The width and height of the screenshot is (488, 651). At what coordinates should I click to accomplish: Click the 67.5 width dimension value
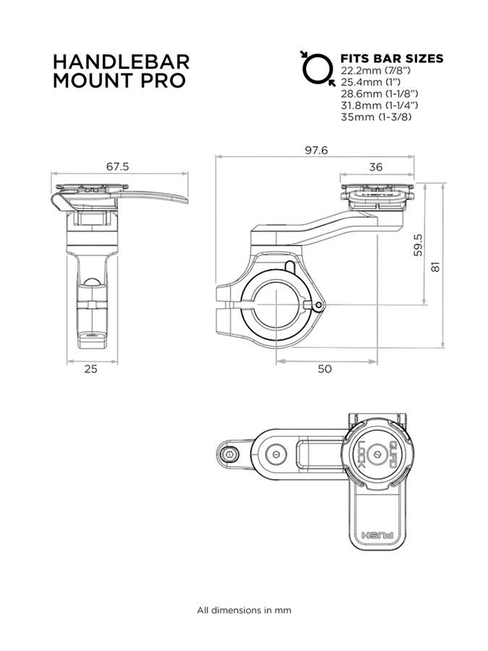pos(117,166)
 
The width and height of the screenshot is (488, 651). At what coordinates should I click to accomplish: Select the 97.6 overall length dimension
pos(316,150)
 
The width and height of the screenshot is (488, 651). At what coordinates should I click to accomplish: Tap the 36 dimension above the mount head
pos(376,167)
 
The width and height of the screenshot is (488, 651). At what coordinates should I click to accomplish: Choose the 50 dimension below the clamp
pos(325,369)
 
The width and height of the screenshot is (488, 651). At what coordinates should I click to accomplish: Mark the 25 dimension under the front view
pos(90,369)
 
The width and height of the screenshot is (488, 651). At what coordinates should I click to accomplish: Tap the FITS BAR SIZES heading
pos(392,59)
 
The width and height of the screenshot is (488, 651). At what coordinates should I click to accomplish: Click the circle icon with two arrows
pos(317,68)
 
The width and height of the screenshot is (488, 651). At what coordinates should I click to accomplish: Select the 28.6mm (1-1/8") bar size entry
pos(378,94)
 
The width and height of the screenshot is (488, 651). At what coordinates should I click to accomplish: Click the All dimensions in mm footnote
pos(244,610)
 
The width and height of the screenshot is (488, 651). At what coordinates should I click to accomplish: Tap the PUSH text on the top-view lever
pos(377,537)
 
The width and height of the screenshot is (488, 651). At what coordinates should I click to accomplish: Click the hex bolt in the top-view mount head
pos(375,454)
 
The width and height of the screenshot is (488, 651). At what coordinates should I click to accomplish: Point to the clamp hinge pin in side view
pos(319,306)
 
